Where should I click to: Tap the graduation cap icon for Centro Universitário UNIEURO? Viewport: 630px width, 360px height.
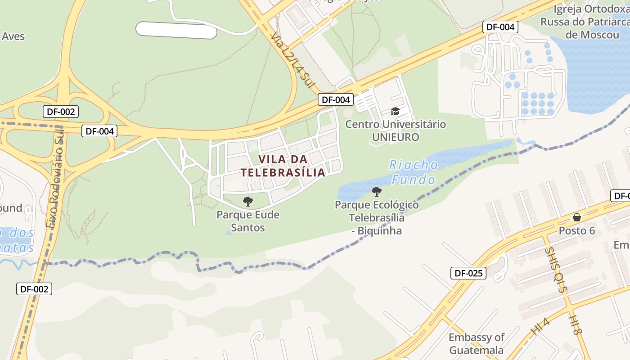coord(395,111)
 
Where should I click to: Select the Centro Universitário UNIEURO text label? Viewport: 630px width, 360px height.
coord(396,130)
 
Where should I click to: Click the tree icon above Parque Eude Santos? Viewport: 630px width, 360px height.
coord(247,201)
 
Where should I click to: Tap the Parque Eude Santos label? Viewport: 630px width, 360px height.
coord(248,221)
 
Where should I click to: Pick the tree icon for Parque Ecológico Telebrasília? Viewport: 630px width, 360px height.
coord(377,192)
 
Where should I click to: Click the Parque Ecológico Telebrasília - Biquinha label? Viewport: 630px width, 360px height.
coord(377,218)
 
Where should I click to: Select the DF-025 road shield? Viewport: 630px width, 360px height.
coord(468,273)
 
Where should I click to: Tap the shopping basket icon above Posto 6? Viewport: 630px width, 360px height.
coord(577,218)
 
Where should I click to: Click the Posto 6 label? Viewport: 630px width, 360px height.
coord(577,231)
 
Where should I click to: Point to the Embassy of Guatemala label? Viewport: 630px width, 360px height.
coord(477,343)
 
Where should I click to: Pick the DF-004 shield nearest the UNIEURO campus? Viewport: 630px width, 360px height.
coord(336,99)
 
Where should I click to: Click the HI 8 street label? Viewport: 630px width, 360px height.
coord(575,324)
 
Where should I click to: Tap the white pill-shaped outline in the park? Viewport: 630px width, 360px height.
coord(176,30)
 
